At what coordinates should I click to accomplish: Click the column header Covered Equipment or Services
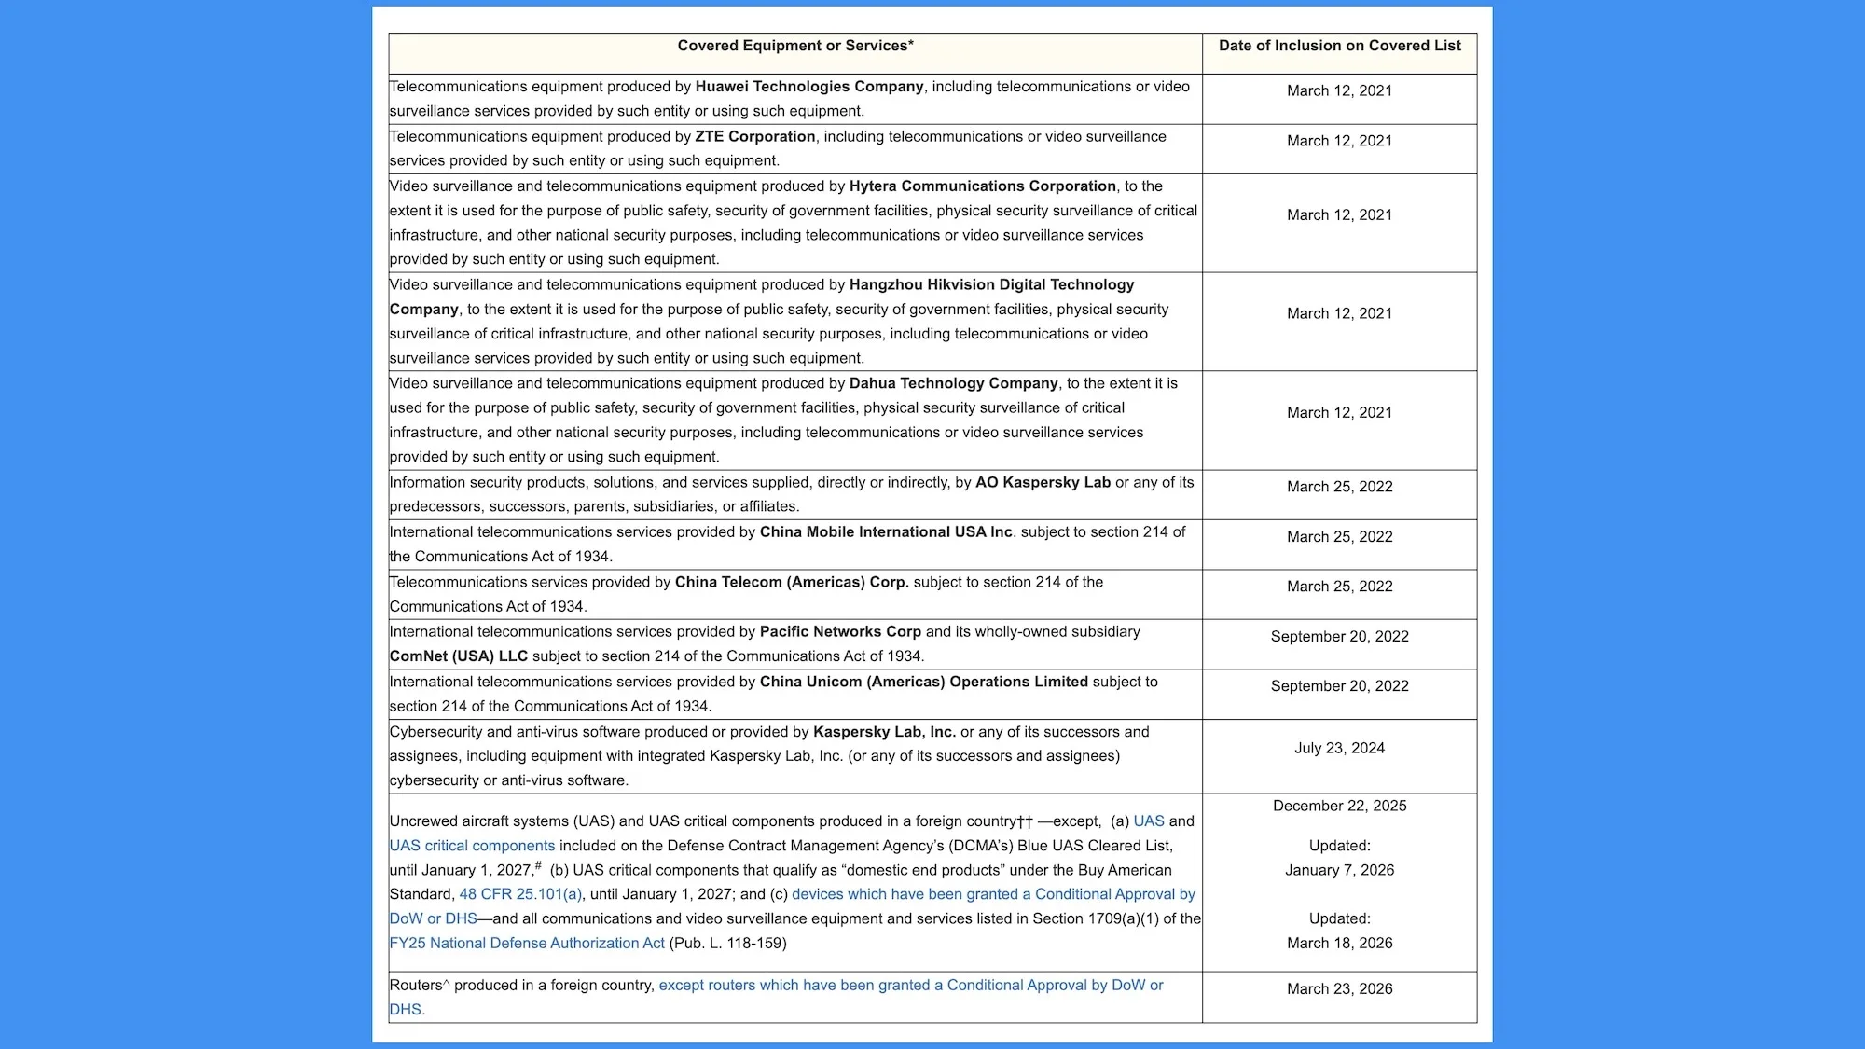click(x=794, y=46)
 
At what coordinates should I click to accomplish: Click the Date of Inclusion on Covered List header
click(x=1339, y=46)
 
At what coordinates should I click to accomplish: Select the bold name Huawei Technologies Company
click(x=808, y=87)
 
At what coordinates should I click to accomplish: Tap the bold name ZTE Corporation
click(x=754, y=136)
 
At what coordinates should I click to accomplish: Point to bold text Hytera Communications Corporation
click(x=982, y=186)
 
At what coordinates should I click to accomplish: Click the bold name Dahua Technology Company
click(x=953, y=383)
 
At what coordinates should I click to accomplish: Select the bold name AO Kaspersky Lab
click(x=1043, y=482)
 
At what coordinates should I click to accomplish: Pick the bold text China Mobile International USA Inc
click(x=886, y=532)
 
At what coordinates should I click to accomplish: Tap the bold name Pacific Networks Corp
click(x=840, y=631)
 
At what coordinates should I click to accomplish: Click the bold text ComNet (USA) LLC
click(x=458, y=656)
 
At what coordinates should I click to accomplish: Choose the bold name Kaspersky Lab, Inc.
click(x=884, y=732)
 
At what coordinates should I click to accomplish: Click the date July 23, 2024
click(x=1339, y=748)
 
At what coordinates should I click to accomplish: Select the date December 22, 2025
click(x=1339, y=806)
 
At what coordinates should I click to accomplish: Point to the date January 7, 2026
click(x=1339, y=870)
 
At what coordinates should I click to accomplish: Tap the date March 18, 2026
click(x=1339, y=943)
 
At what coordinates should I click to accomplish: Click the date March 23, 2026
click(x=1339, y=988)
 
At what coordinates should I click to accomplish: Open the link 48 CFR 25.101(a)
click(x=520, y=894)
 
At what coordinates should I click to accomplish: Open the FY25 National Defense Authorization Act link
click(x=527, y=943)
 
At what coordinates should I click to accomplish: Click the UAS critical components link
click(x=472, y=846)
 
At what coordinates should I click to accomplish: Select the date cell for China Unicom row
click(x=1339, y=686)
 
